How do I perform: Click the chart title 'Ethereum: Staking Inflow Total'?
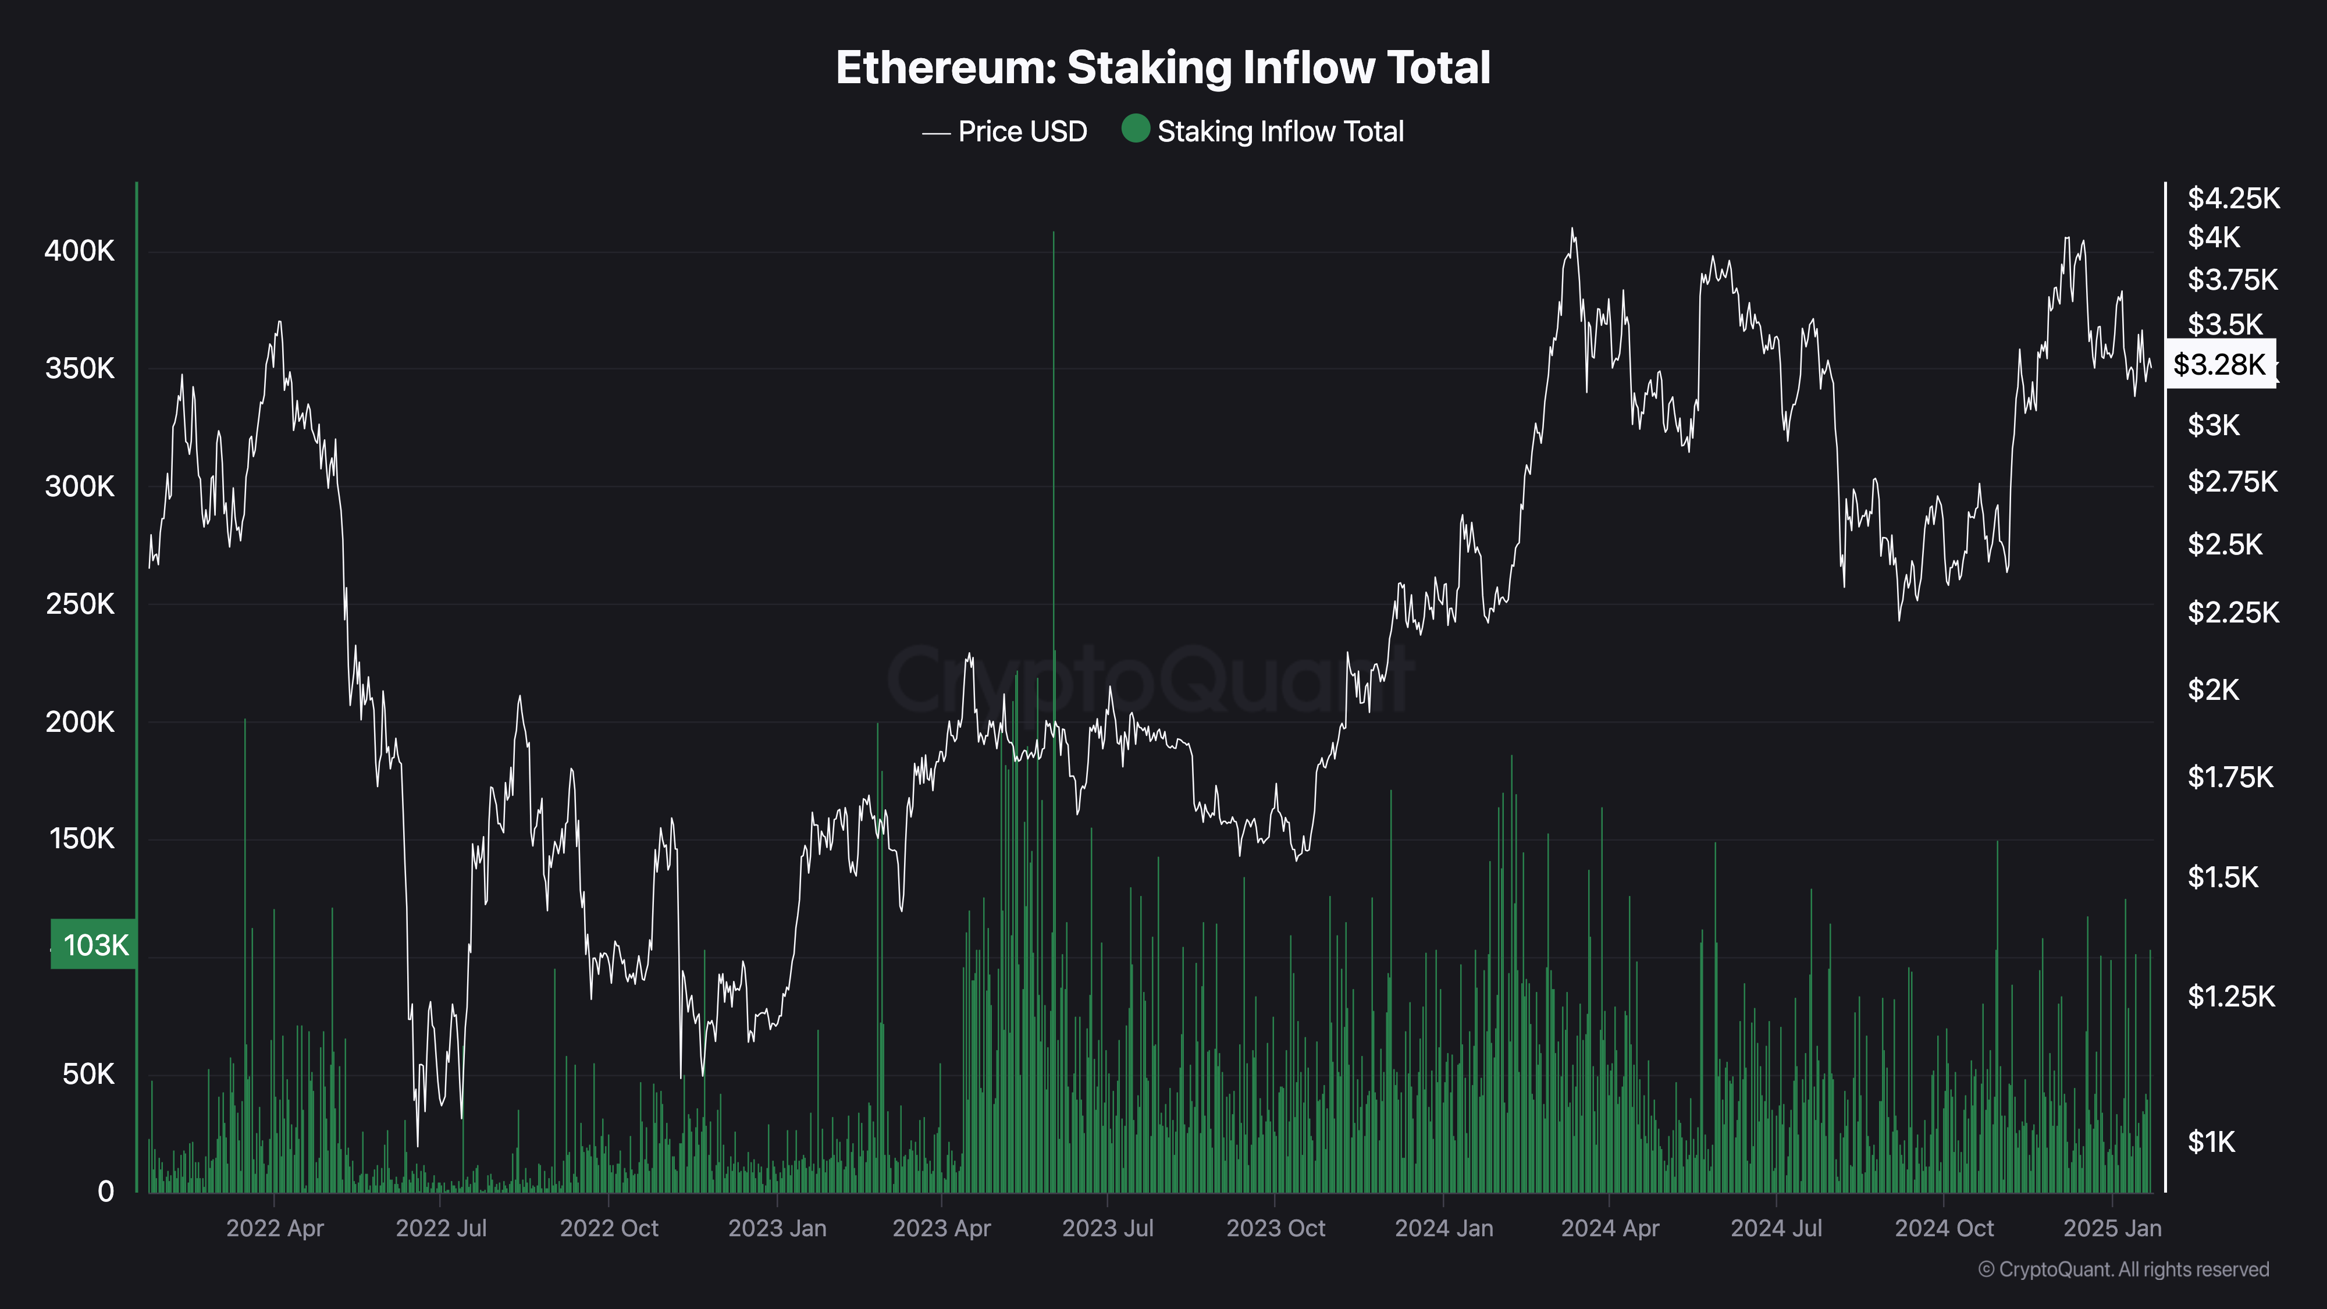1162,67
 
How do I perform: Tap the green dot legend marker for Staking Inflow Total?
1134,129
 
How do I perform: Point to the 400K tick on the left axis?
80,251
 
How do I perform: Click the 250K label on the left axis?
80,604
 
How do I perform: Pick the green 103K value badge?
94,945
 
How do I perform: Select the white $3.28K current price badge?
2219,364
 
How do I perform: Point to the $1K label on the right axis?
2211,1143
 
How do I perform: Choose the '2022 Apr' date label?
275,1229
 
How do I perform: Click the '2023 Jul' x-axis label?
1108,1229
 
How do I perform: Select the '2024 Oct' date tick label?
1944,1229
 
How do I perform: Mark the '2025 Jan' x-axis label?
2112,1229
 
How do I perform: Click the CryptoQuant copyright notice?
2123,1269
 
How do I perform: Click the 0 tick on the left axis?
106,1191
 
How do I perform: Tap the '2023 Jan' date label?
777,1229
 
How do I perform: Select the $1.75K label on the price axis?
2229,777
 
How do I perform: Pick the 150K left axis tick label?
82,840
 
